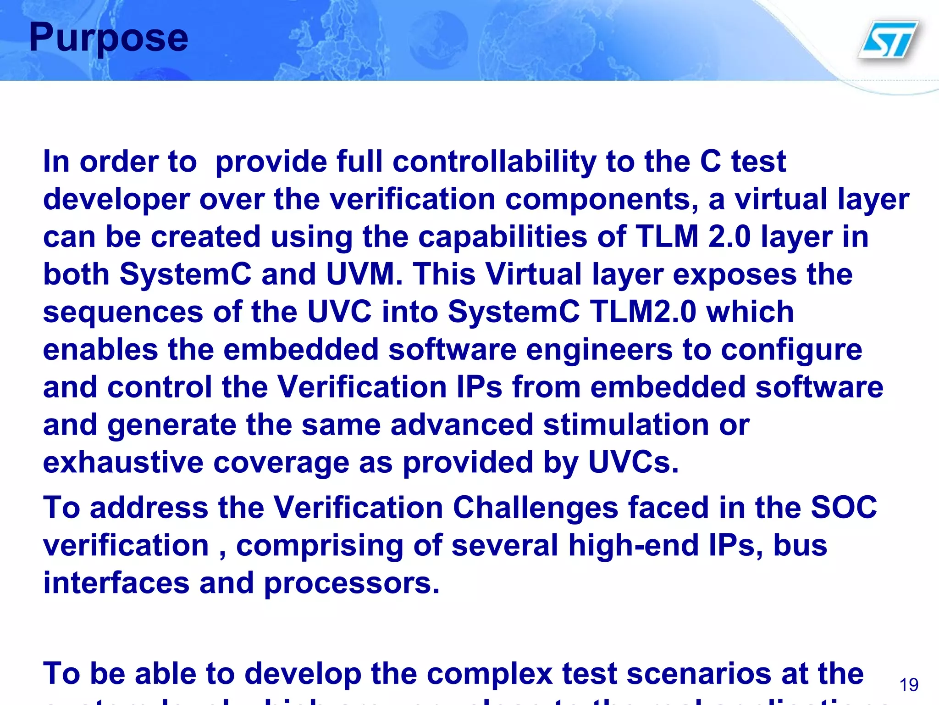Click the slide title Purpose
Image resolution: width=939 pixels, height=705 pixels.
(x=109, y=38)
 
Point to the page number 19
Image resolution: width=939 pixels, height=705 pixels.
(x=909, y=685)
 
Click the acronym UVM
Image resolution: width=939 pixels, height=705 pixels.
(x=361, y=274)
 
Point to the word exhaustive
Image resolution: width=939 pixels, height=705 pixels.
(x=123, y=463)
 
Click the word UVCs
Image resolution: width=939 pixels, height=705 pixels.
(x=633, y=463)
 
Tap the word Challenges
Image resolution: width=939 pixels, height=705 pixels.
(x=536, y=508)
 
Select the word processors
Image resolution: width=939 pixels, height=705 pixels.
(x=352, y=583)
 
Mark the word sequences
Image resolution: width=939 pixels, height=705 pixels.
(x=123, y=312)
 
